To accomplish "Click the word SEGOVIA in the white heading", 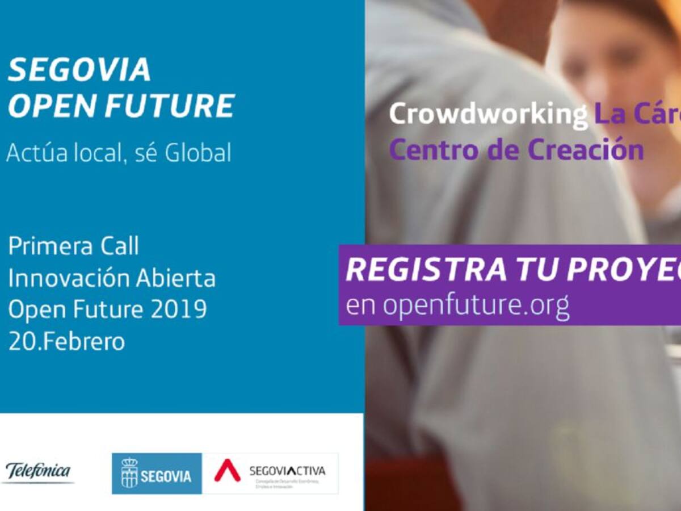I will pos(79,70).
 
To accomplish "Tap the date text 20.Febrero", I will pos(66,342).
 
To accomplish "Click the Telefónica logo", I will pos(38,471).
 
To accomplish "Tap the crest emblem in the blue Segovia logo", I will pos(129,473).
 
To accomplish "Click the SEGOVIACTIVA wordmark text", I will pos(287,471).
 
